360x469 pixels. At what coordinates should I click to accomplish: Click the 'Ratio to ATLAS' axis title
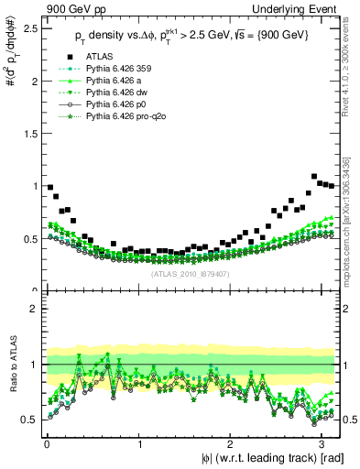(11, 366)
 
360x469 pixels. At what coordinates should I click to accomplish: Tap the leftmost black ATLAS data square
(50, 187)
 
